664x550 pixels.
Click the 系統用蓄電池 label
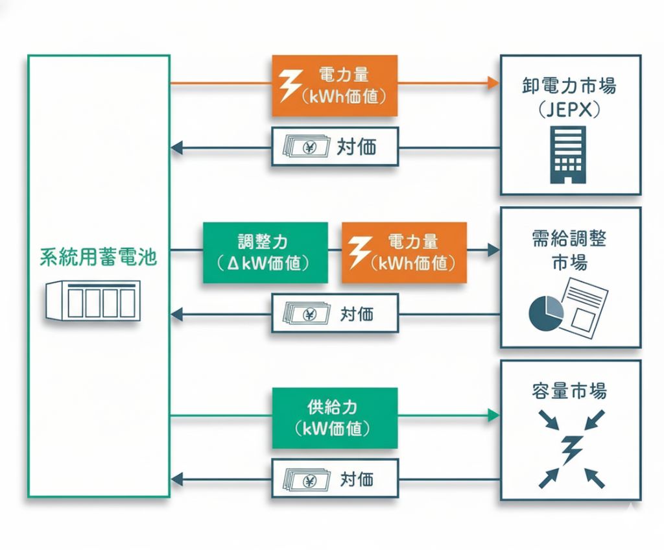point(98,257)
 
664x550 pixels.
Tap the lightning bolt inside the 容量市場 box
point(571,448)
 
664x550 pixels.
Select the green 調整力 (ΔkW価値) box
point(265,253)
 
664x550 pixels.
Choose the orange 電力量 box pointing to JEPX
point(335,86)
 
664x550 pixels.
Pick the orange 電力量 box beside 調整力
point(404,252)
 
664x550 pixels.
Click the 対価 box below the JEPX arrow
point(335,147)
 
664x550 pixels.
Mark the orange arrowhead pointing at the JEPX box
point(493,83)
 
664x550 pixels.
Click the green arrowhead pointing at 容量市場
point(493,414)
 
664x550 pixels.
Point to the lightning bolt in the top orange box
point(289,85)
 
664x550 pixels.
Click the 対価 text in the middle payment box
point(357,315)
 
